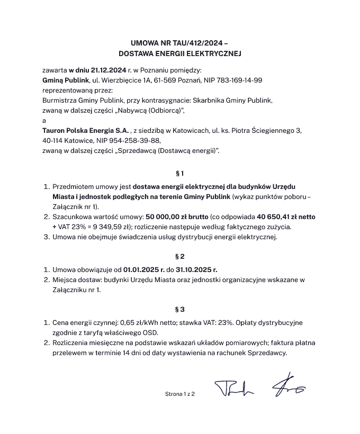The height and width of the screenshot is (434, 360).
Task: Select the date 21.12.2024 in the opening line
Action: point(109,69)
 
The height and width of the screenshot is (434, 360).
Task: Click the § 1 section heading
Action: point(179,173)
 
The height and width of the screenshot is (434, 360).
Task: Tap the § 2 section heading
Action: point(179,257)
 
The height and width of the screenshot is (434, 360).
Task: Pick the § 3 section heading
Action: point(179,309)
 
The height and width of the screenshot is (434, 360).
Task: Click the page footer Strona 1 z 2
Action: point(180,394)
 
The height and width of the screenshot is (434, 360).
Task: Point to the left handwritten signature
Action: point(234,389)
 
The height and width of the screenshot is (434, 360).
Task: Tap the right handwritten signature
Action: point(287,389)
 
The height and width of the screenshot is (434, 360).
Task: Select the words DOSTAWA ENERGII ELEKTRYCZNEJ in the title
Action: point(179,53)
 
